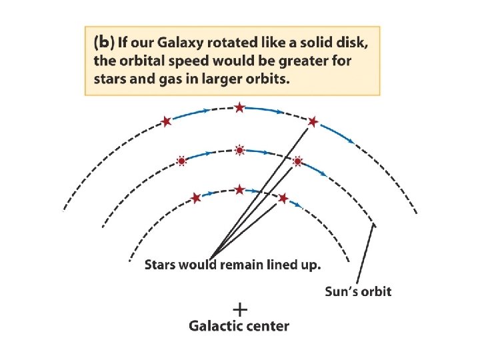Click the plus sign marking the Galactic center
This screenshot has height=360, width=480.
point(240,309)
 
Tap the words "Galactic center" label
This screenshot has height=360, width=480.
point(239,326)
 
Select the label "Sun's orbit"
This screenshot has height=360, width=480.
point(358,291)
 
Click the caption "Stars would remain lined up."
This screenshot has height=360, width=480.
point(233,265)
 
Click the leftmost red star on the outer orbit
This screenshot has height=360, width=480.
point(167,121)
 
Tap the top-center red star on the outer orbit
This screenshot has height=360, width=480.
point(239,107)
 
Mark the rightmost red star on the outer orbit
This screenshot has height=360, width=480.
point(313,122)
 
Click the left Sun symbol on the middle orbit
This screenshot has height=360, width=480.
point(181,161)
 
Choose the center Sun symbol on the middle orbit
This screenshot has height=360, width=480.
point(239,150)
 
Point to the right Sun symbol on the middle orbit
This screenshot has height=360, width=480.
point(298,161)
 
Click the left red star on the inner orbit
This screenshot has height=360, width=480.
point(196,197)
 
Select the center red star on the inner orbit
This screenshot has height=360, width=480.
point(239,190)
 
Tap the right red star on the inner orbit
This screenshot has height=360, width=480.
point(283,198)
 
